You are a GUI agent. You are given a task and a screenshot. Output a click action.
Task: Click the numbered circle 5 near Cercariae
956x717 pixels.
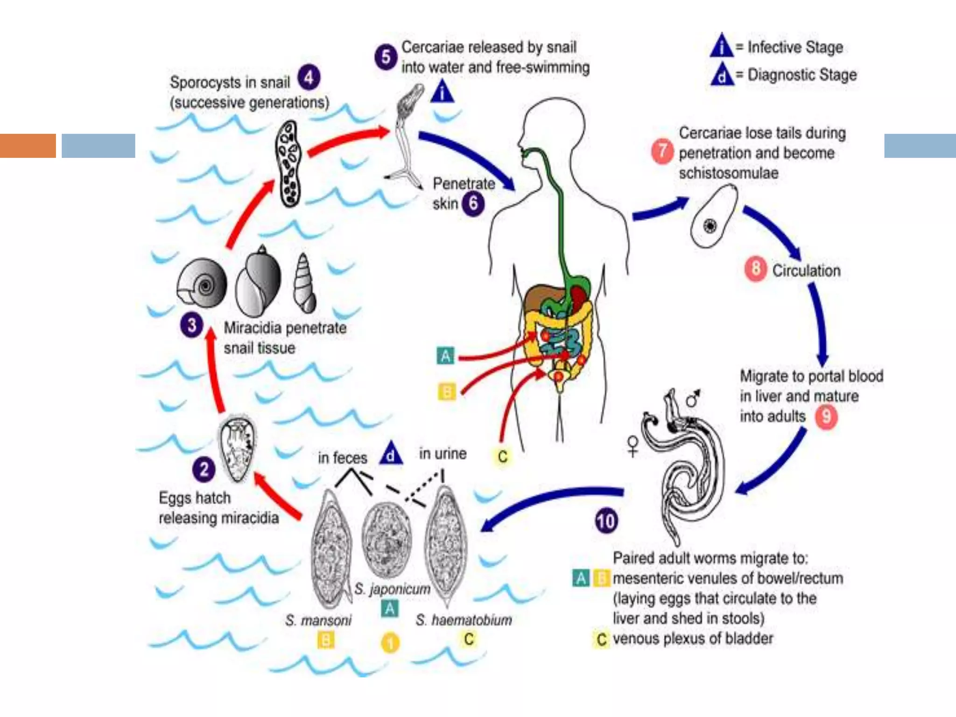[x=386, y=57]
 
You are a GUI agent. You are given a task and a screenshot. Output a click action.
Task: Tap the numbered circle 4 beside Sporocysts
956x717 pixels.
[x=309, y=77]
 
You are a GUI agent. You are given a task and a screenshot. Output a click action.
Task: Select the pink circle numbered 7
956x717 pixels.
[x=662, y=151]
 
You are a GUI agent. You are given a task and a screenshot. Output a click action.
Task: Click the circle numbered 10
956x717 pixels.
[x=606, y=521]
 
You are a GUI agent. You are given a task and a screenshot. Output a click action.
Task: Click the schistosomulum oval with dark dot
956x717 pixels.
[x=713, y=216]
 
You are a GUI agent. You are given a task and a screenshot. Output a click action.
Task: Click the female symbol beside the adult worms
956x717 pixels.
[x=633, y=446]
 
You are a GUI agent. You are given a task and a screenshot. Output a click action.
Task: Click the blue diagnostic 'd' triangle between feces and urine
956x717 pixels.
[x=391, y=453]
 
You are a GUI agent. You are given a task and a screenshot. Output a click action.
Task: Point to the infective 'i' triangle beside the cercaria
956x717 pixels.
[x=442, y=91]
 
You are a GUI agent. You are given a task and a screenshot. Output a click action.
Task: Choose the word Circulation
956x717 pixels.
[x=806, y=270]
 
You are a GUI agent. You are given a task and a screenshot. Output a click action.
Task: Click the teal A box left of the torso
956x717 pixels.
[x=445, y=356]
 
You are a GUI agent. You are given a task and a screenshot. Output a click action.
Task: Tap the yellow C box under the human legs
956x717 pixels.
[x=502, y=456]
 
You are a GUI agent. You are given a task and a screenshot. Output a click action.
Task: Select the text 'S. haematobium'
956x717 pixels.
[x=464, y=620]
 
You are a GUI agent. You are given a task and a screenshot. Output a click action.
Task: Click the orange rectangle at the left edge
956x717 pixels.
[x=28, y=146]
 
